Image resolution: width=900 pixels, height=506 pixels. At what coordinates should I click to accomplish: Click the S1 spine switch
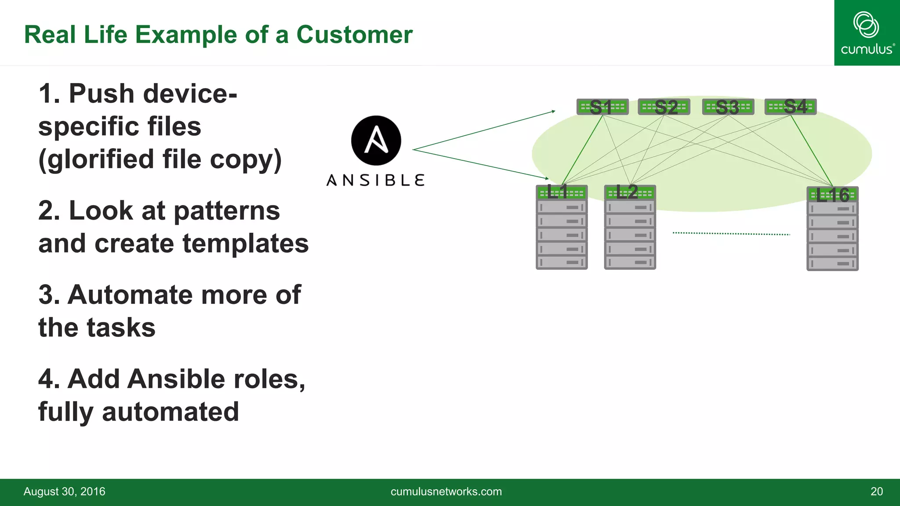602,107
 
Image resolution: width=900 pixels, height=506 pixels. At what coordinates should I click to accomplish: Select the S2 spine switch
664,107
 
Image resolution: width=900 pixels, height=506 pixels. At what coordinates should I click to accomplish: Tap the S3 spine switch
728,107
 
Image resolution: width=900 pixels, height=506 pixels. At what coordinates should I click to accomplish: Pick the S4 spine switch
791,107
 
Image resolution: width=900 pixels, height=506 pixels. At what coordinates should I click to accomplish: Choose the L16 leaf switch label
832,195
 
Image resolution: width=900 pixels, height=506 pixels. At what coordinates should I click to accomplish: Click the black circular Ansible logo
376,141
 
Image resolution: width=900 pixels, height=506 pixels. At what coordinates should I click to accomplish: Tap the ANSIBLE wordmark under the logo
376,180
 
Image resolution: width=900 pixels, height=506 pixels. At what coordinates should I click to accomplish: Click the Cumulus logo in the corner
867,33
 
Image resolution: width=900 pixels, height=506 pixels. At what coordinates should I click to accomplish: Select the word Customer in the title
354,35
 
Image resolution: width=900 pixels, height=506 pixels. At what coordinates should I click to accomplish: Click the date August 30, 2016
65,492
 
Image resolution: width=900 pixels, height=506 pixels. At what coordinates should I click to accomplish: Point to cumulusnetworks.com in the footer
446,492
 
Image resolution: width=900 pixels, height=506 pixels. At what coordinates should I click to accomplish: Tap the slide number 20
876,492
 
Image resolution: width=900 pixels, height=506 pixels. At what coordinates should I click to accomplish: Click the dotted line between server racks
731,234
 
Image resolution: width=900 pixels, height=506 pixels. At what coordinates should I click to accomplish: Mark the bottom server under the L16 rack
832,264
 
